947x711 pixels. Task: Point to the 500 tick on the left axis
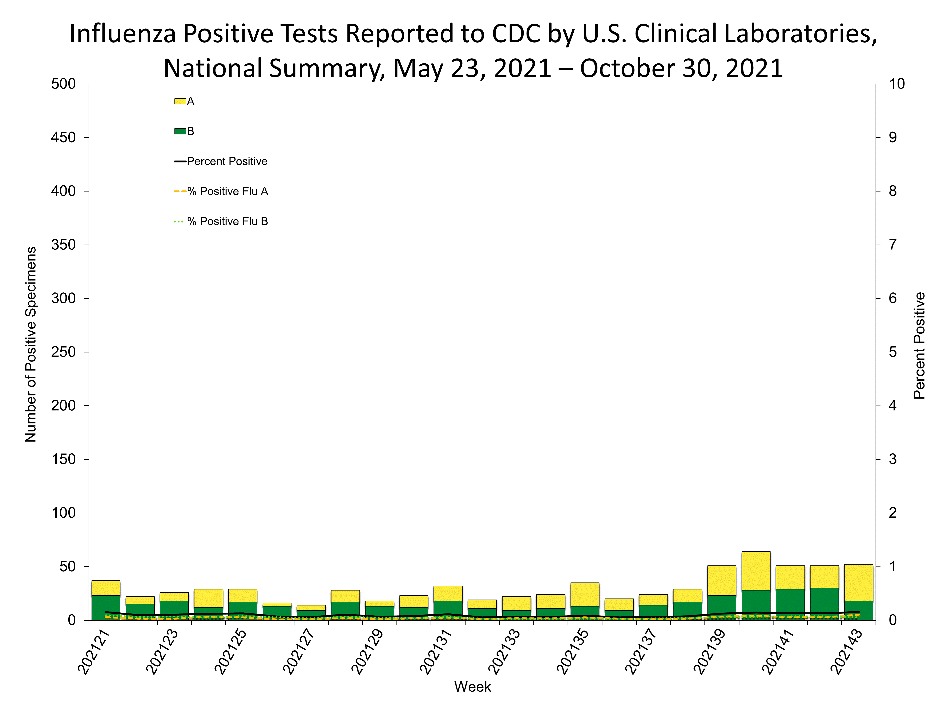(x=63, y=84)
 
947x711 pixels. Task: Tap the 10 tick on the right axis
(x=897, y=84)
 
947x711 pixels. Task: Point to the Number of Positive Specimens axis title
(x=31, y=344)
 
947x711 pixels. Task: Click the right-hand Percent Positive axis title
(x=919, y=345)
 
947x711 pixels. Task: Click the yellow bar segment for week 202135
(x=585, y=594)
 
